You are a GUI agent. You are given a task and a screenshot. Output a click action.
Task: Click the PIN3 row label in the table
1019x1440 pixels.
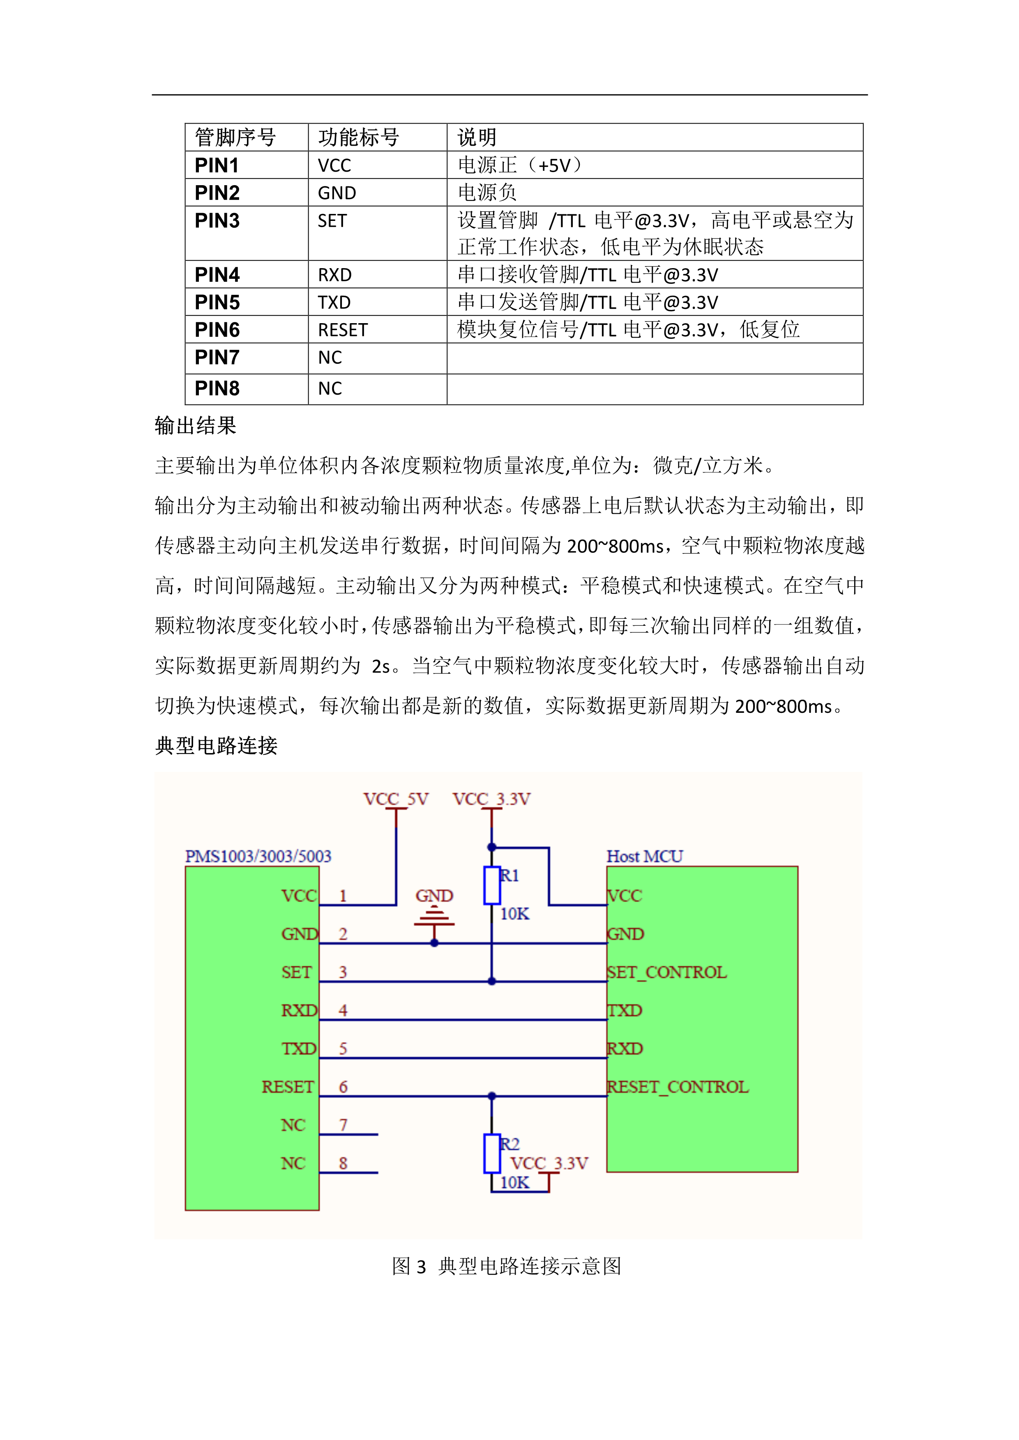click(217, 221)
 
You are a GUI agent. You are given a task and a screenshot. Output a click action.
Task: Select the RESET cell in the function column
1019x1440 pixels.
click(343, 330)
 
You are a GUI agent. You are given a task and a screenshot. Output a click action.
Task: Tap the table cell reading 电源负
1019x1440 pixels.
click(487, 193)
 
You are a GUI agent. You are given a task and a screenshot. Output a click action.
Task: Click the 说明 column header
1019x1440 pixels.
click(477, 138)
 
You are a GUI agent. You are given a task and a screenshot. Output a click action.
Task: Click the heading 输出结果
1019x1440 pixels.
click(195, 426)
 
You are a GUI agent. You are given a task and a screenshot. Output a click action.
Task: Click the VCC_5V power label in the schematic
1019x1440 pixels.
click(396, 799)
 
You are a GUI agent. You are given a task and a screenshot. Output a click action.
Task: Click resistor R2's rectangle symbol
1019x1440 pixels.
click(491, 1154)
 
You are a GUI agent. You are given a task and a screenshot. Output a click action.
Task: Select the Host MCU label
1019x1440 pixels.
click(644, 857)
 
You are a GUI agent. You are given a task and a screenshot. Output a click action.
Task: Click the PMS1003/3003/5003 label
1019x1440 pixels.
click(258, 857)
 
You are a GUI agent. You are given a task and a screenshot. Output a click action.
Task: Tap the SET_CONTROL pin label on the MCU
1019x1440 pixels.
click(667, 973)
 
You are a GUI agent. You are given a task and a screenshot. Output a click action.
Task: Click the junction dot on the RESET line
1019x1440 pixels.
click(492, 1096)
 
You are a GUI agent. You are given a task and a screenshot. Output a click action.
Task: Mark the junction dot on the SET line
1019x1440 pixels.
click(492, 981)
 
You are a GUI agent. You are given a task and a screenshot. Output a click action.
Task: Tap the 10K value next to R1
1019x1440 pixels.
click(514, 914)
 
